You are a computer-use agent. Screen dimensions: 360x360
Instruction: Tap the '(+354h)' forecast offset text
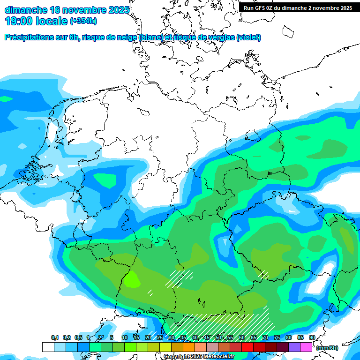[83, 21]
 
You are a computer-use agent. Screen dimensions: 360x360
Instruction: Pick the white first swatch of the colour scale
[48, 347]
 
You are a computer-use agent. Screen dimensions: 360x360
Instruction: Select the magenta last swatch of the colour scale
[306, 347]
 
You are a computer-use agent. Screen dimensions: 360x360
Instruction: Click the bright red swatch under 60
[247, 347]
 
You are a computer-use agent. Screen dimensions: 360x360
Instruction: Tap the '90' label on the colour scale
[312, 337]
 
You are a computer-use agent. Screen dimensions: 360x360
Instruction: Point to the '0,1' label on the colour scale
[55, 337]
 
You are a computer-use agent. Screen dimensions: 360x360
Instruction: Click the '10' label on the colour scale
[125, 337]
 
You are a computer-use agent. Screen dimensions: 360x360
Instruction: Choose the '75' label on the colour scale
[277, 337]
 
